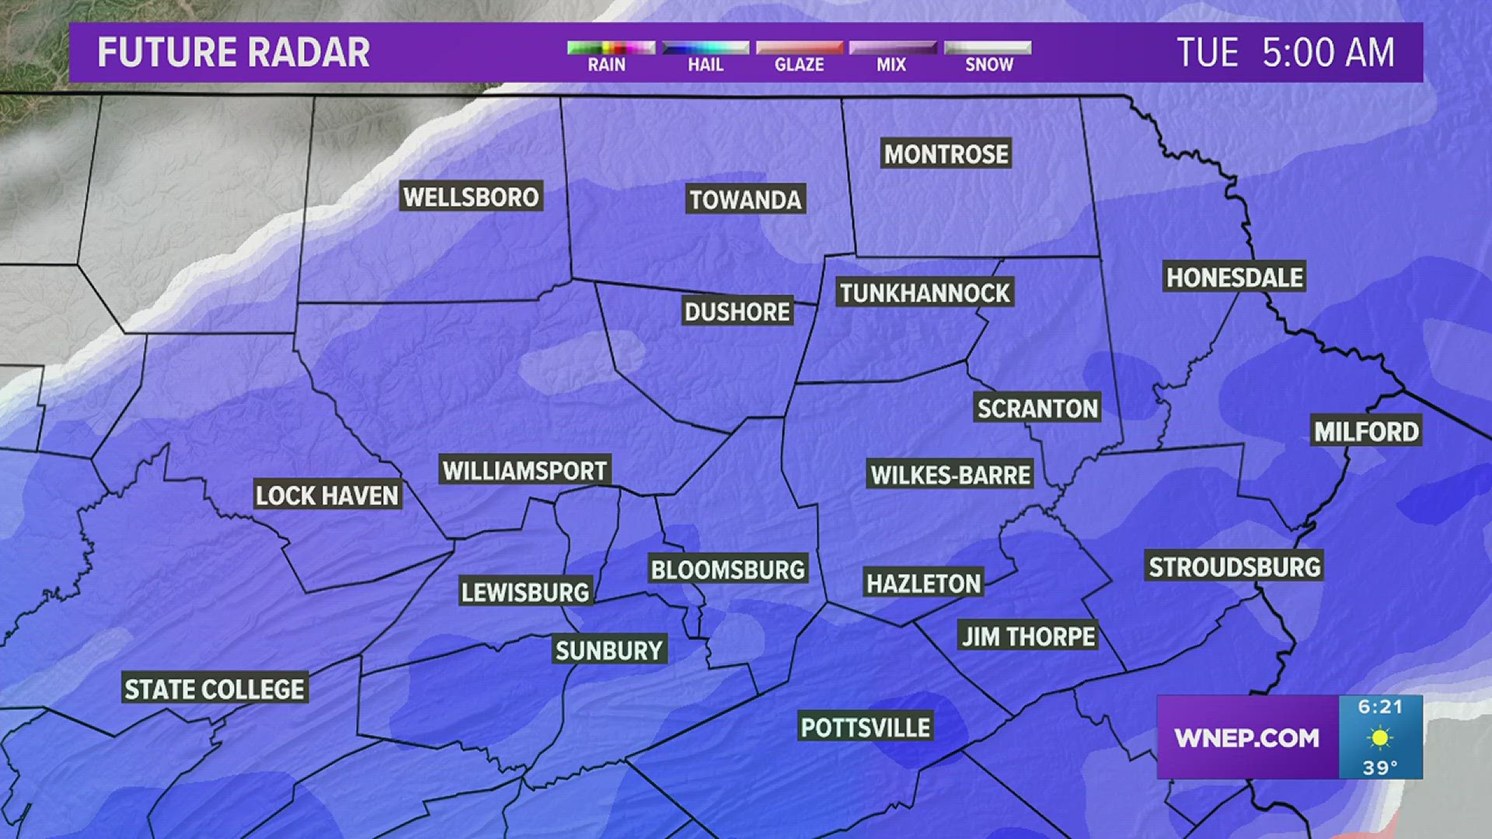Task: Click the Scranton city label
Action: point(1037,408)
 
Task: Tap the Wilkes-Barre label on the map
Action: point(950,475)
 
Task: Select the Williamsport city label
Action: point(525,470)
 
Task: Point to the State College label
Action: point(214,689)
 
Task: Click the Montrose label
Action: point(946,154)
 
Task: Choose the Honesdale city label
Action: point(1234,277)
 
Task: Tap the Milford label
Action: point(1366,431)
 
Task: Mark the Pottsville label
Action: point(865,727)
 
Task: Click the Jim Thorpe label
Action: point(1028,636)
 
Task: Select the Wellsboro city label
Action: point(471,197)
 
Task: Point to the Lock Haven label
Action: point(327,495)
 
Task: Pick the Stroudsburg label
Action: point(1235,566)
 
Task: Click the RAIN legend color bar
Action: point(611,48)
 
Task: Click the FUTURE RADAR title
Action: point(233,53)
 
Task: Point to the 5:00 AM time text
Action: point(1328,53)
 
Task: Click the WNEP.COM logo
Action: point(1246,737)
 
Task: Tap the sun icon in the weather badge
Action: point(1380,737)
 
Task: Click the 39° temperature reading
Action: point(1380,768)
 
